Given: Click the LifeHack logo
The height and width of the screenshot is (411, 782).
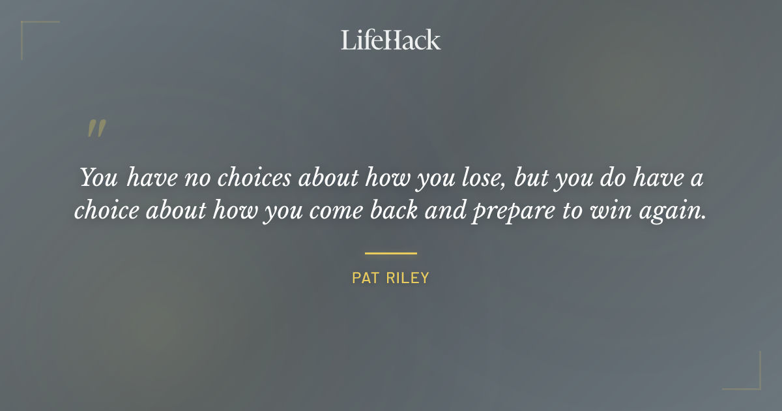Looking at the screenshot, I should tap(390, 40).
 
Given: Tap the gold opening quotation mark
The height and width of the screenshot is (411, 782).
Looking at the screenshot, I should tap(96, 128).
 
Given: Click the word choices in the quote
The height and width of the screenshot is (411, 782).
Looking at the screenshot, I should tap(252, 179).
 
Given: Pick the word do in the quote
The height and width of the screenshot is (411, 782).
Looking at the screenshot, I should tap(616, 179).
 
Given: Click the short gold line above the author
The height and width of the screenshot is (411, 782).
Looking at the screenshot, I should tap(390, 253).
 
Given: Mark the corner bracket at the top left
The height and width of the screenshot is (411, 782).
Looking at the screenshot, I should tap(29, 29).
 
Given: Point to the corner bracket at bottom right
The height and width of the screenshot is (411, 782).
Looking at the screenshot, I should tap(753, 382).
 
